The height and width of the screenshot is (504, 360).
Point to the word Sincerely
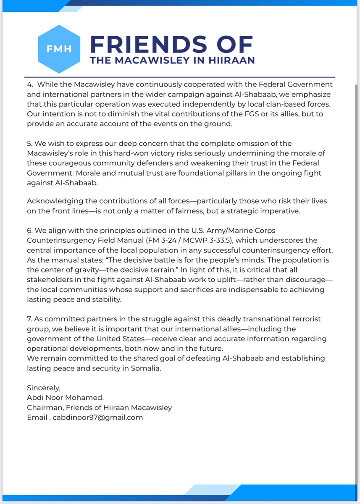point(44,388)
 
